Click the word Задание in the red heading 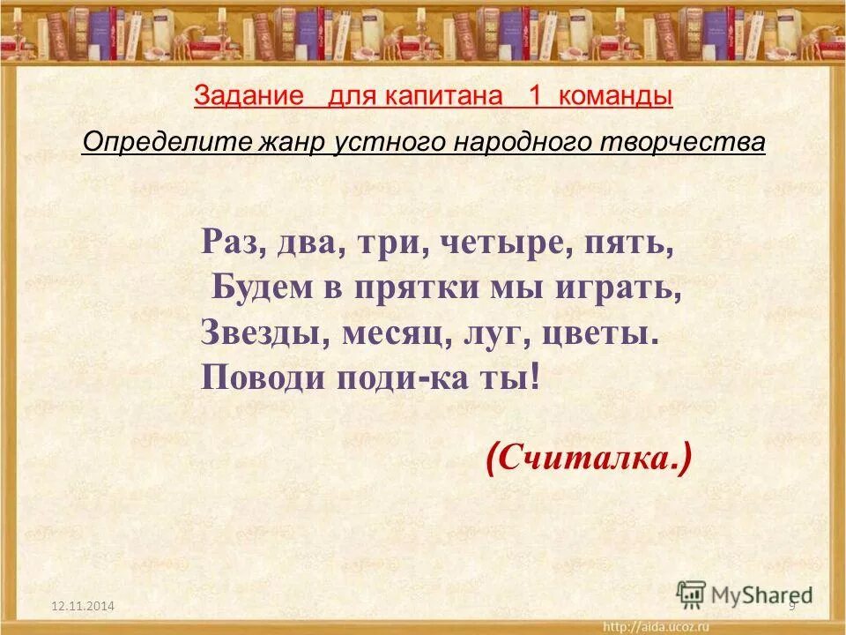pyautogui.click(x=248, y=97)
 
